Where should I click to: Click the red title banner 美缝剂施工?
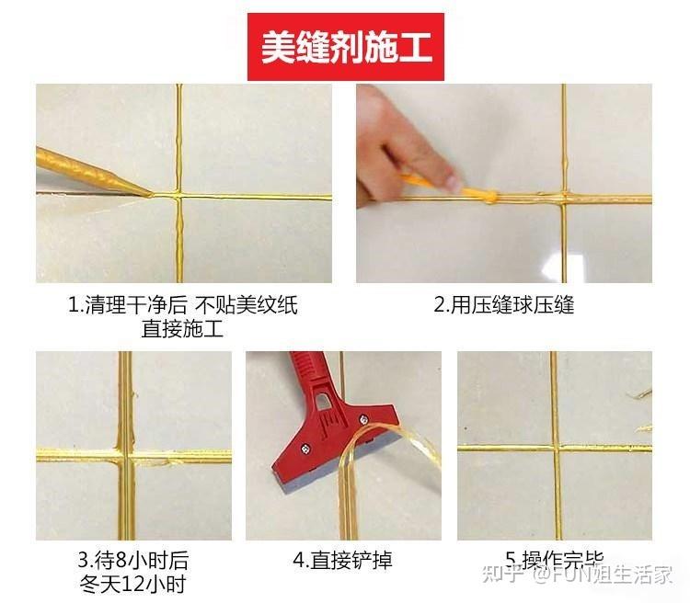click(345, 47)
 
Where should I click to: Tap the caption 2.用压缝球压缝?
click(503, 305)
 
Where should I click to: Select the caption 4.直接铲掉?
click(343, 560)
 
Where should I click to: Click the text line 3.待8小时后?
click(133, 560)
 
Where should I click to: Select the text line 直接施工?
click(182, 328)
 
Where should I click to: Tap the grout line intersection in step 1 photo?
click(178, 196)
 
